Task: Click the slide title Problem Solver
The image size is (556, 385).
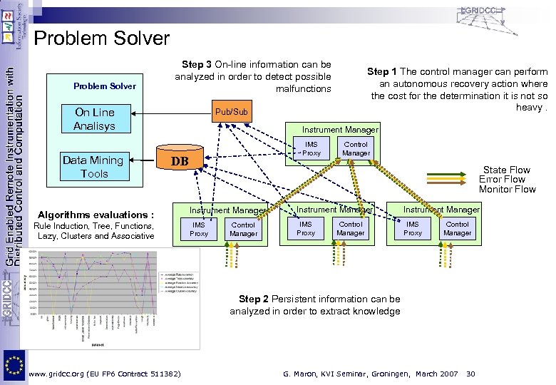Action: (x=102, y=38)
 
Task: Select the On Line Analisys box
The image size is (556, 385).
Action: (x=94, y=119)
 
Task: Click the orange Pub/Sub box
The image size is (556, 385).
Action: (x=232, y=112)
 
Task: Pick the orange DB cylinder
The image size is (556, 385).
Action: (x=180, y=161)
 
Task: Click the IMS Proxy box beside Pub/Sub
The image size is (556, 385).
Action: (x=312, y=149)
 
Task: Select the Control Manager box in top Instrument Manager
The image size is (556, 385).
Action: (x=356, y=149)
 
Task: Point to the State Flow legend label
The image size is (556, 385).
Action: (x=506, y=170)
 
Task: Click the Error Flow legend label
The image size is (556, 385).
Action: (x=506, y=180)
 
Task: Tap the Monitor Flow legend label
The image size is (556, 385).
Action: (x=507, y=189)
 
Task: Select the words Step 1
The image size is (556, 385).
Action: (x=382, y=71)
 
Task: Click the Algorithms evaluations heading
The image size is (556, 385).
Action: (x=96, y=215)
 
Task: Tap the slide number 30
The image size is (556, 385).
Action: (x=470, y=374)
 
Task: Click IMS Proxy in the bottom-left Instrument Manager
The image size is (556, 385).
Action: (x=199, y=229)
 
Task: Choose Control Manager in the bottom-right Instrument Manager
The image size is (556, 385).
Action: (x=457, y=229)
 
